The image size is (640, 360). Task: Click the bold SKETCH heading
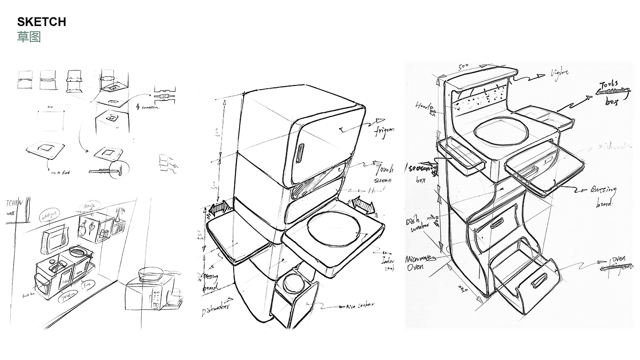point(42,21)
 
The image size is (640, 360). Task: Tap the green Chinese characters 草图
point(29,37)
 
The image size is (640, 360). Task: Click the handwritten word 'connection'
point(151,107)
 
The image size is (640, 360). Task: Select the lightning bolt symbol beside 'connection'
point(138,107)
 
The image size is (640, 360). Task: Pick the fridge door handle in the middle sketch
point(301,153)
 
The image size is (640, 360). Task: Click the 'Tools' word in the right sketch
point(609,85)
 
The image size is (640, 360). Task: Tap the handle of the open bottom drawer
point(539,280)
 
